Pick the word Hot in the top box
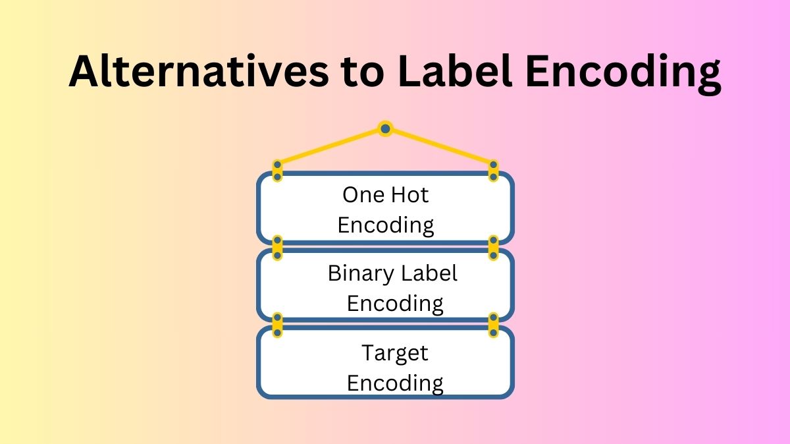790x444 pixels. point(409,195)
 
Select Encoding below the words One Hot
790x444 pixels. point(386,225)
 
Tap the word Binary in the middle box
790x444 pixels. point(358,273)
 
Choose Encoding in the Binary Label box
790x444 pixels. point(395,304)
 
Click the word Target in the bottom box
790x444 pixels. point(395,353)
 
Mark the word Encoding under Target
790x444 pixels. point(395,383)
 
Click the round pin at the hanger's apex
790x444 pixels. point(385,128)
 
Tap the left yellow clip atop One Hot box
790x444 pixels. point(278,171)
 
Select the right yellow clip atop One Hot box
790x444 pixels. point(493,171)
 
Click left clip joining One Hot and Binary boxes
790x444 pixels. point(278,247)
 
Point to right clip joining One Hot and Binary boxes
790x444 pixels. point(493,247)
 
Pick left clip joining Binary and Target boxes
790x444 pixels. point(278,325)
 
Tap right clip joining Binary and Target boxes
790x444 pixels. point(493,325)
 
